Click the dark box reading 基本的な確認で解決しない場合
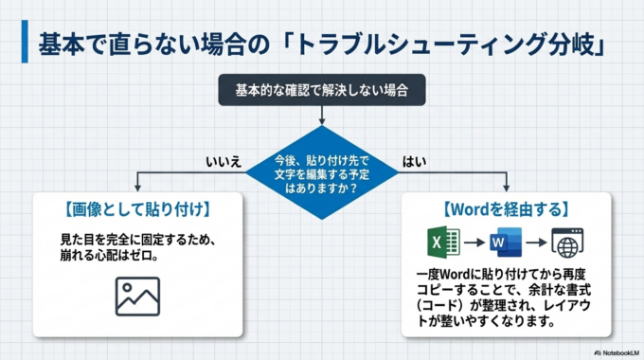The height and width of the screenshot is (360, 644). [322, 92]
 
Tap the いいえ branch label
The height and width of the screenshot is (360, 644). [224, 161]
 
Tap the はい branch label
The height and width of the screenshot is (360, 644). [414, 161]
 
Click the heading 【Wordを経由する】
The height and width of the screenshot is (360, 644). [505, 208]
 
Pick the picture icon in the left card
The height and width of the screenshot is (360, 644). [138, 296]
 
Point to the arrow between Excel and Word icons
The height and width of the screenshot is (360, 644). [468, 243]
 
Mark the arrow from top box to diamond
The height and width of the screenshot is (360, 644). [322, 115]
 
